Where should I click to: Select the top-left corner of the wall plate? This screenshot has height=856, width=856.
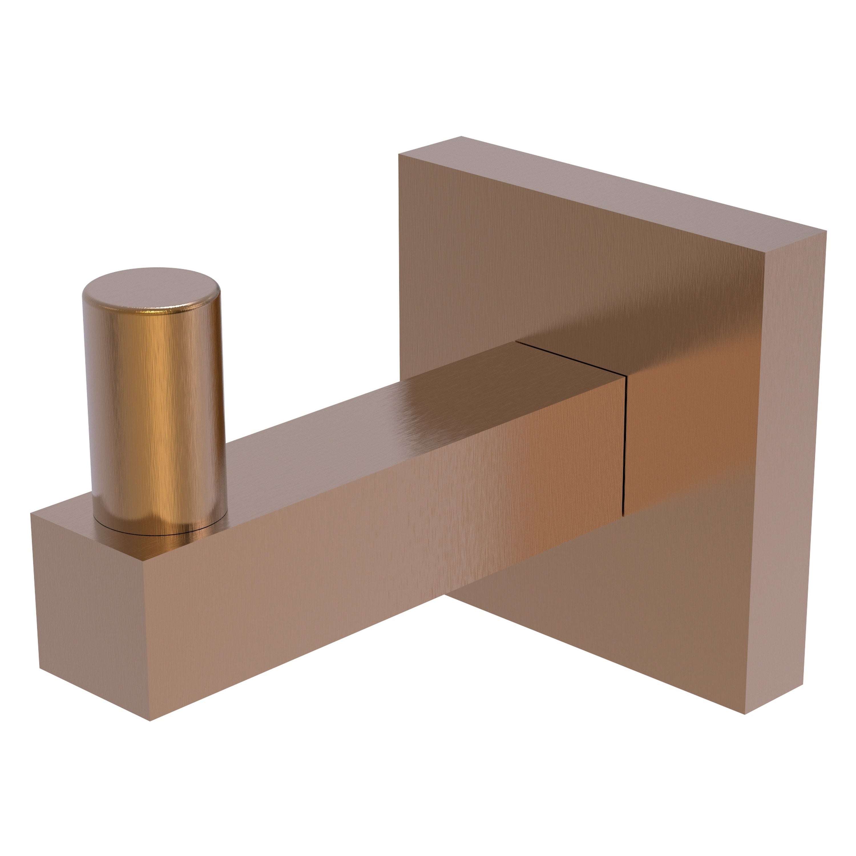point(399,154)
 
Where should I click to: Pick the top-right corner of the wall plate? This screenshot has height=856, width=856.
point(826,231)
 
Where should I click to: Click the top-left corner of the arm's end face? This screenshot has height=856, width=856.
point(31,514)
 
